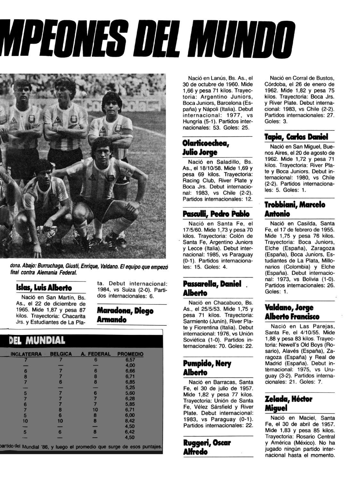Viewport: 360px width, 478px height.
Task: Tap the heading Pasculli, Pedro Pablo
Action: coord(216,214)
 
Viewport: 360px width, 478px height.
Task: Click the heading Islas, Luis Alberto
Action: coord(44,287)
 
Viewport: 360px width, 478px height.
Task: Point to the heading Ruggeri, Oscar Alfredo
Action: coord(207,447)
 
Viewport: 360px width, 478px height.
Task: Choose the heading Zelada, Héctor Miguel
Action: coord(288,403)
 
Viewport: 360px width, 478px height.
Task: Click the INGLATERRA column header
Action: coord(26,354)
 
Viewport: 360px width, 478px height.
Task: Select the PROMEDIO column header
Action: coord(130,354)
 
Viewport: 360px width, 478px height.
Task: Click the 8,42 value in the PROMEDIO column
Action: coord(130,421)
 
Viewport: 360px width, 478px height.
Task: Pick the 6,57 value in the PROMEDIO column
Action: coord(130,360)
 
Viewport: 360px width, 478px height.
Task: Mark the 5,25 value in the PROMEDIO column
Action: coord(130,387)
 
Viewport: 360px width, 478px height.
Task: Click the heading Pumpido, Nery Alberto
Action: coord(207,368)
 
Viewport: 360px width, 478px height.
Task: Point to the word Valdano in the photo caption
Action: coord(109,267)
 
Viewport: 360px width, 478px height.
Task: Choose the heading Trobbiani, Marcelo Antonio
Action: coord(295,209)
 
